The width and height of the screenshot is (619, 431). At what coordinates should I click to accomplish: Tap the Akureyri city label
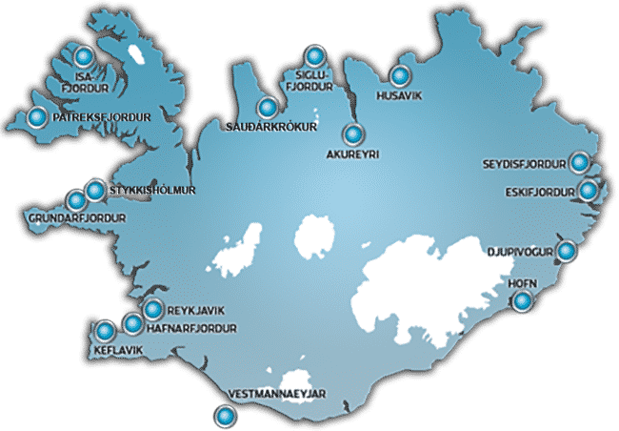click(x=352, y=153)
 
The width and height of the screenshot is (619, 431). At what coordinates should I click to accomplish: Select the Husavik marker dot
click(x=401, y=76)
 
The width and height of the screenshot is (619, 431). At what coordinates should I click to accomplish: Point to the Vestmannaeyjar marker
click(x=225, y=415)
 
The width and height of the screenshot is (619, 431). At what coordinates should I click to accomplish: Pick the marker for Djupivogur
click(x=567, y=252)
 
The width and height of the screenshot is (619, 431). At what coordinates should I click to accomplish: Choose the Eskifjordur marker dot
click(x=588, y=191)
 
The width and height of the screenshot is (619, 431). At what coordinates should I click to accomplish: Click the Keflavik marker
click(x=105, y=332)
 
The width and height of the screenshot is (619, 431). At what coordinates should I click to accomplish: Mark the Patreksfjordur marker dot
click(x=37, y=118)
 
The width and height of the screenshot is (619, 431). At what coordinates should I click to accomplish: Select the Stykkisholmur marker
click(x=94, y=191)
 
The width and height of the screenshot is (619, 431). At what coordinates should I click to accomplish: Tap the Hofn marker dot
click(x=523, y=302)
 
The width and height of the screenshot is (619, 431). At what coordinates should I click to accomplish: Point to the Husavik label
click(x=398, y=95)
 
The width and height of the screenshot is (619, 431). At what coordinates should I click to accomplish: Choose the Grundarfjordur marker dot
click(x=77, y=200)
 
